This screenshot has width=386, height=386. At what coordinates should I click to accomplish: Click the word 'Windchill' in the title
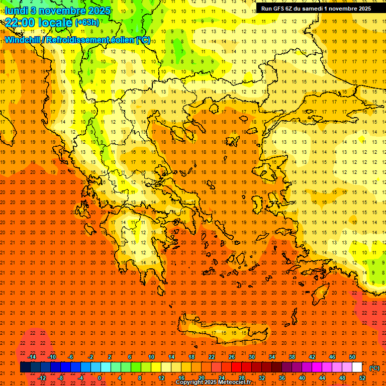23,40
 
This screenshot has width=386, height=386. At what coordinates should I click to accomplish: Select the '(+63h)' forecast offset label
87,22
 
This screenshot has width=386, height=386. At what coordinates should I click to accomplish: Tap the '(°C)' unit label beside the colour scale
374,368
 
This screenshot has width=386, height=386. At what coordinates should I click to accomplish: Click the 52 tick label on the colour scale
362,378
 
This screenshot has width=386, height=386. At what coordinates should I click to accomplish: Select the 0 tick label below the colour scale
99,378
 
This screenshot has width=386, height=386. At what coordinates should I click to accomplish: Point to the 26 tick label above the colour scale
232,357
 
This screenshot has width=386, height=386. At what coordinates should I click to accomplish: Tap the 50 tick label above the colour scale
352,357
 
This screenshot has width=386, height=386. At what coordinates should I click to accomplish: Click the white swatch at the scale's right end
357,367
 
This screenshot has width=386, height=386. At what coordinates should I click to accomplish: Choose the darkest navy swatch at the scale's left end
25,367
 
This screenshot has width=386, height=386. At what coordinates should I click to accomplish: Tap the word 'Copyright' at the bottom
190,382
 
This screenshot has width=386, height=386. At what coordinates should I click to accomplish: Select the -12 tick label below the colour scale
42,378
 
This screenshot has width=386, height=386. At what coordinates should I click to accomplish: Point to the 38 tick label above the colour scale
292,357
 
